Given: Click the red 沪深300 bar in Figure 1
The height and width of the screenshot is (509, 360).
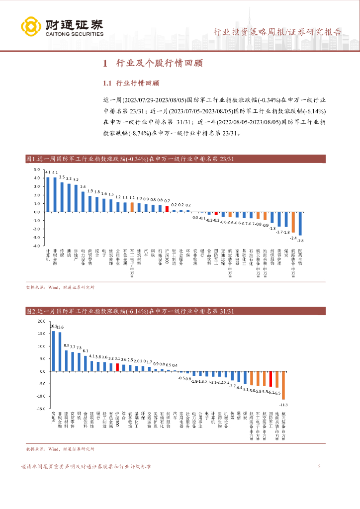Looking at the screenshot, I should (167, 209).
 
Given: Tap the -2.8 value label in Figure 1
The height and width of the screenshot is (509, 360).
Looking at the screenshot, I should (300, 240).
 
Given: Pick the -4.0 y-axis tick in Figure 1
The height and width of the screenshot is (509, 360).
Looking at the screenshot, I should (36, 245).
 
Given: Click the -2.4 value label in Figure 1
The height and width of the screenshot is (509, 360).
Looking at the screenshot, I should (293, 238).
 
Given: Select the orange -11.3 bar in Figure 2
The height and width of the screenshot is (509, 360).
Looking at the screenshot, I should (283, 385).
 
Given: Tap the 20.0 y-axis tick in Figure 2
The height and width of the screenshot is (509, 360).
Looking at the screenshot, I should (41, 321).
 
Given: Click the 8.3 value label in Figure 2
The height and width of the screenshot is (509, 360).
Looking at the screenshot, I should (66, 345).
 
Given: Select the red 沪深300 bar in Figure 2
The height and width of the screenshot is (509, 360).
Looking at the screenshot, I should (117, 367).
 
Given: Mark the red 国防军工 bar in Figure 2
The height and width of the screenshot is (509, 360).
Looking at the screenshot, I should (270, 379).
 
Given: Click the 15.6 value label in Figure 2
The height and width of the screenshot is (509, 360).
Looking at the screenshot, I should (60, 327).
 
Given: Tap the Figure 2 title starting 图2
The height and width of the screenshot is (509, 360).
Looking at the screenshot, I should (129, 312).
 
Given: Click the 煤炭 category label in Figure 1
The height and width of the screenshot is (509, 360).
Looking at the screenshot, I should (286, 253).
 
